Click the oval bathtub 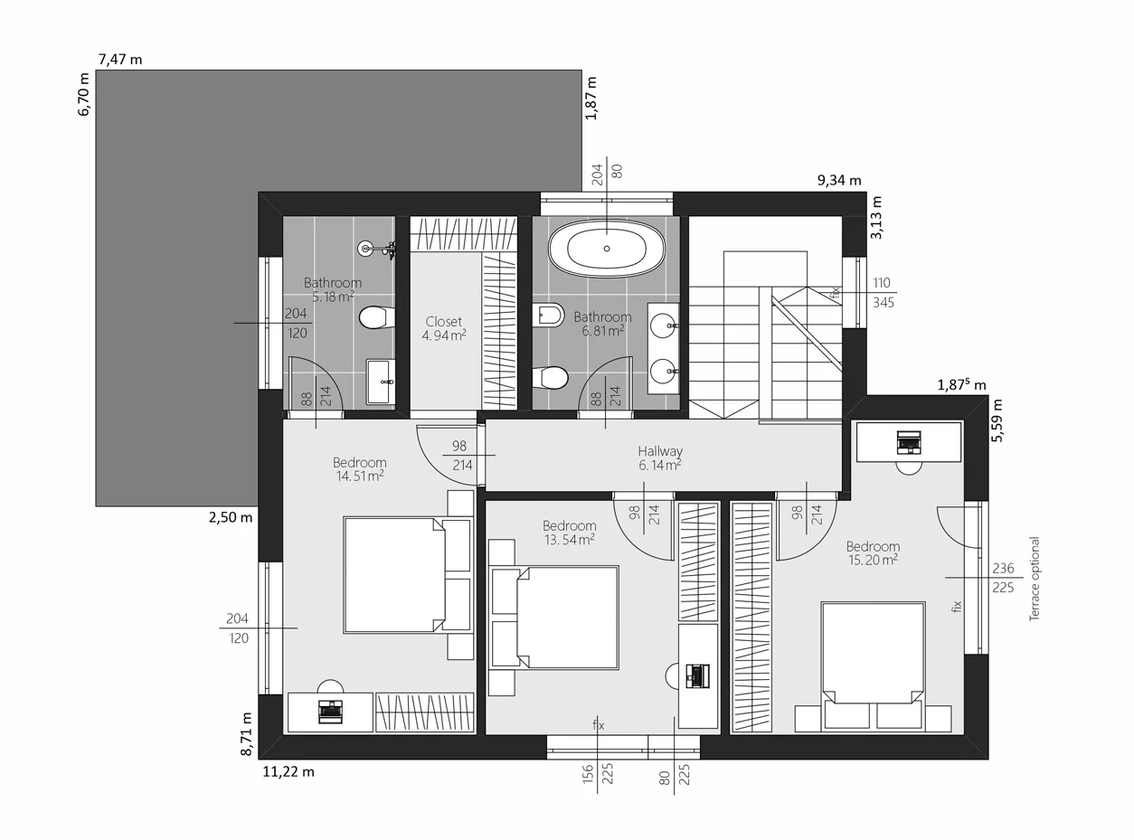pos(607,249)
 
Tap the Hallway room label pos(660,451)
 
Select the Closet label pos(443,322)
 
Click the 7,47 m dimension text pos(120,60)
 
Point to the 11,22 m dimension pos(288,772)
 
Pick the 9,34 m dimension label pos(839,181)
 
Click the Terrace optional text pos(1035,579)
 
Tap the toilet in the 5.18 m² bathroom pos(377,317)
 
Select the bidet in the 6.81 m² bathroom pos(548,315)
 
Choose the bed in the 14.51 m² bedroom pos(407,575)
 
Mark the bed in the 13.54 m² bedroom pos(554,617)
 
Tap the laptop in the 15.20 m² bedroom pos(909,442)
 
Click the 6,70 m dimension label pos(84,94)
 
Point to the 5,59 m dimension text pos(997,420)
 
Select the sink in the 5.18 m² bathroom pos(381,382)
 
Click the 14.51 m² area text pos(359,477)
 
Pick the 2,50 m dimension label pos(231,517)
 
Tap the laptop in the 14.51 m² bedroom pos(330,713)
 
